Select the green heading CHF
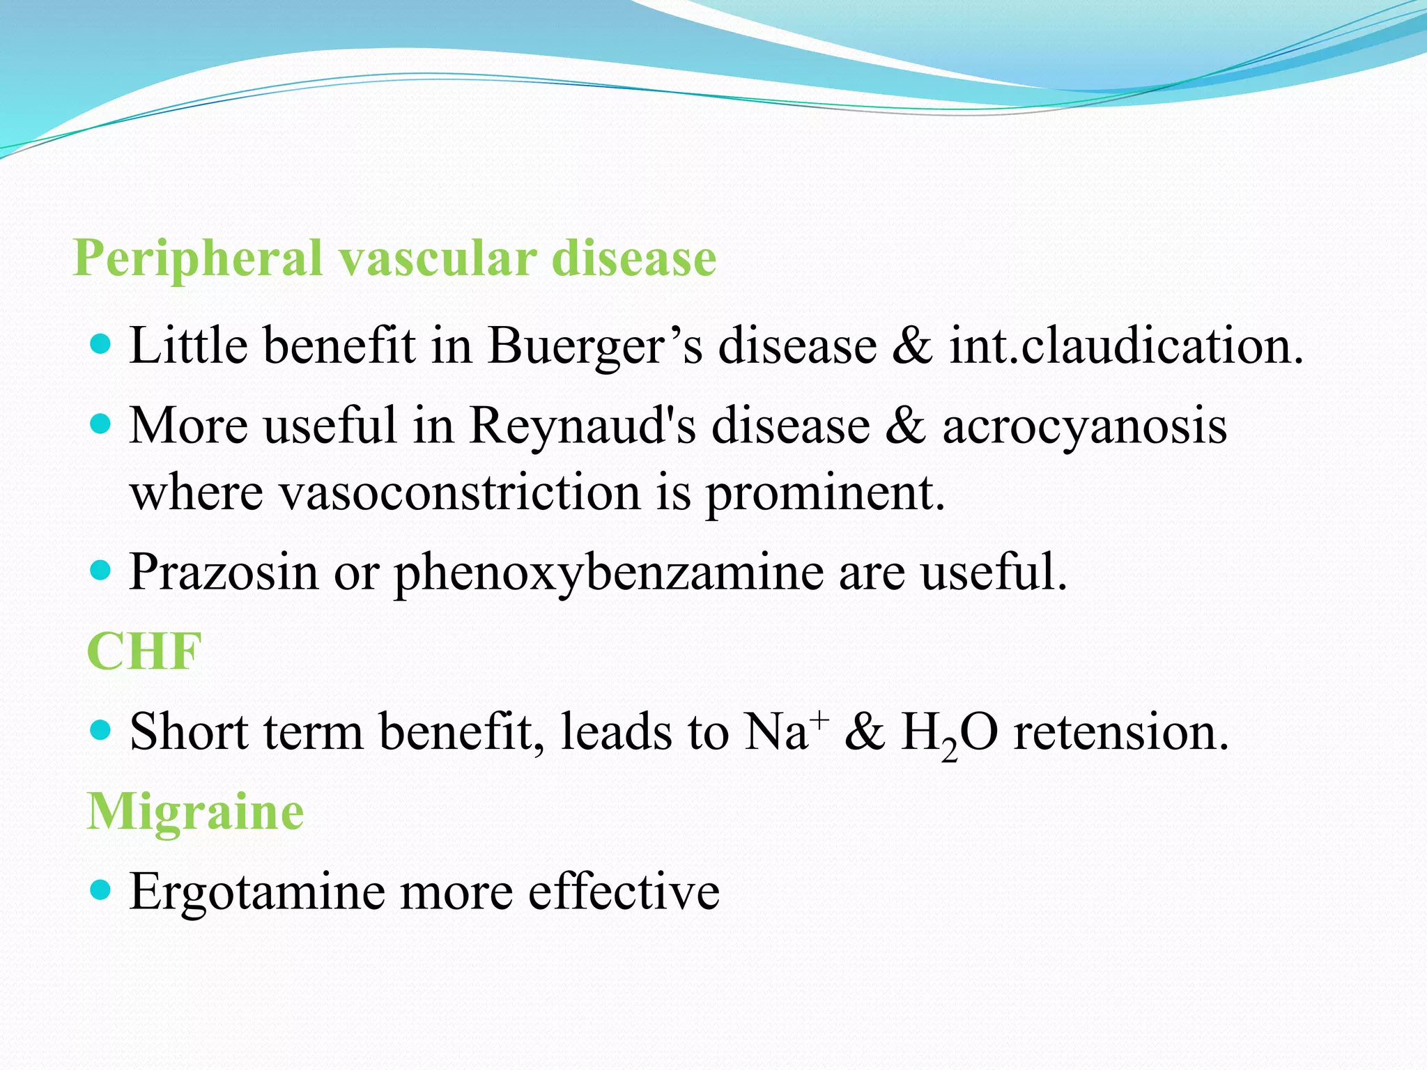click(x=144, y=652)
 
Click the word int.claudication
click(x=1125, y=346)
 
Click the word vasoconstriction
click(x=460, y=493)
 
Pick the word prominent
click(x=825, y=493)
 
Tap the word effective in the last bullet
click(x=624, y=892)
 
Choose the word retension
click(x=1120, y=733)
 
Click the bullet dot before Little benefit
click(x=101, y=343)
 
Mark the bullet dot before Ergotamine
click(x=101, y=889)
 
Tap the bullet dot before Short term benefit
click(x=101, y=729)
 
